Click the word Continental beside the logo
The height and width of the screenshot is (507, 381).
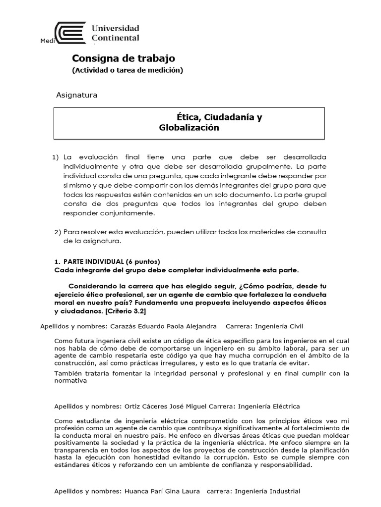(x=116, y=38)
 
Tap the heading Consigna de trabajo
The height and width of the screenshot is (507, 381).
(x=124, y=58)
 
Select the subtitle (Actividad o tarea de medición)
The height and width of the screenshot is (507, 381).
(x=127, y=70)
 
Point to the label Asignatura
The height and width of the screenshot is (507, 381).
(x=76, y=95)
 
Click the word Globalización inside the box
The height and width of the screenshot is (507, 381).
(x=189, y=128)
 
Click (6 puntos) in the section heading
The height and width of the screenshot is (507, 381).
(x=143, y=261)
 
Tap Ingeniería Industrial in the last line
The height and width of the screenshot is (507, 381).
(x=268, y=491)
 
